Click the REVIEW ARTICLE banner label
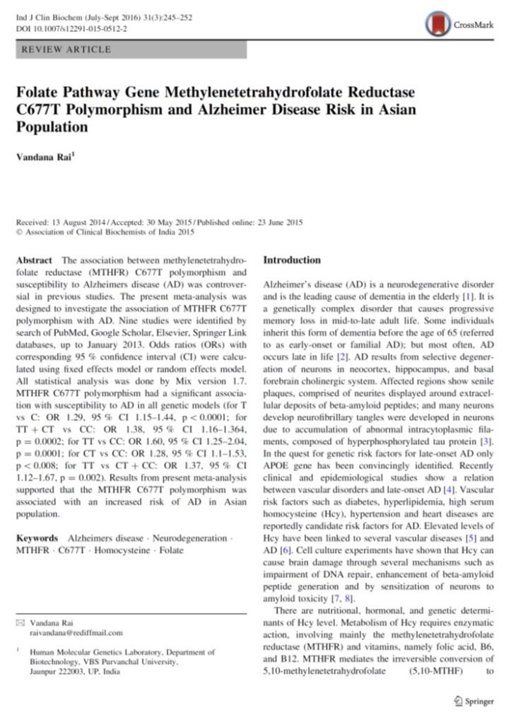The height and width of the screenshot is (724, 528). coord(67,49)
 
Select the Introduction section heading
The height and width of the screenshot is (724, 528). coord(292,260)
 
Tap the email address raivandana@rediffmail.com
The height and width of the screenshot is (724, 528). coord(76,633)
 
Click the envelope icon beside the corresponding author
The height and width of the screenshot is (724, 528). coord(20,623)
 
